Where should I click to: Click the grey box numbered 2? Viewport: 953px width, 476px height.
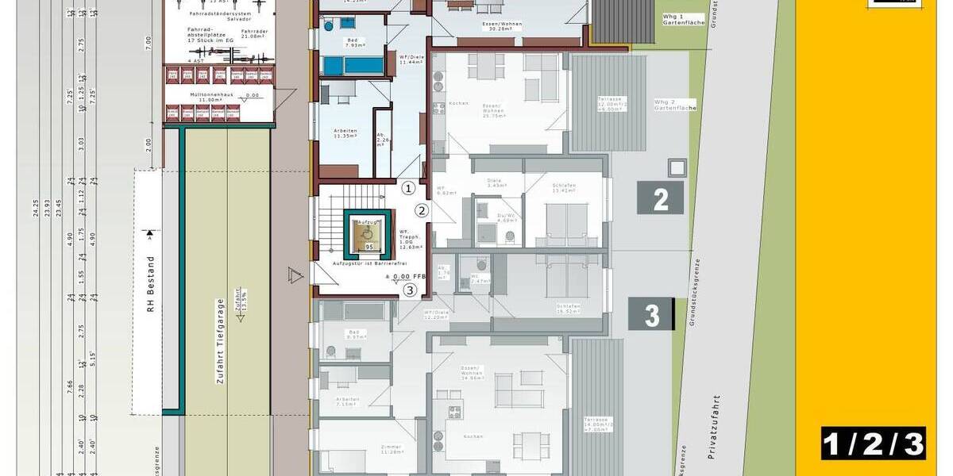(660, 198)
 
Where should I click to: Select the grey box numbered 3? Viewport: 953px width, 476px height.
(651, 314)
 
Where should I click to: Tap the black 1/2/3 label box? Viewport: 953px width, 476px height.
(873, 443)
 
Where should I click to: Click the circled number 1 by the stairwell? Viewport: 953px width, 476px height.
(408, 188)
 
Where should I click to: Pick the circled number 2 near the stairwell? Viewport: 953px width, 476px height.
(422, 210)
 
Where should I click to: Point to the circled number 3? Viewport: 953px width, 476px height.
(409, 290)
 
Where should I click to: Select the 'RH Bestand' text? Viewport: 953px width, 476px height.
(149, 285)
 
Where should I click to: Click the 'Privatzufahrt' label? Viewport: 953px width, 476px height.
(716, 429)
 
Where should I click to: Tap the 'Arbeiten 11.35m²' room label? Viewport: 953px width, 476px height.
(346, 133)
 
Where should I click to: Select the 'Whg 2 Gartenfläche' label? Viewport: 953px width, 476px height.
(675, 104)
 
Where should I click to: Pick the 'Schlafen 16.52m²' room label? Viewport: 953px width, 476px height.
(569, 309)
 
